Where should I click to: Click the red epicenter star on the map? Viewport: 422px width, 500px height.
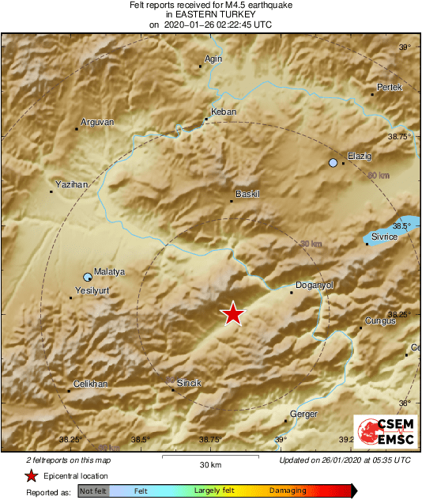[232, 314]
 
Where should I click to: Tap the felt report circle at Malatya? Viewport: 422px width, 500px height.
[88, 277]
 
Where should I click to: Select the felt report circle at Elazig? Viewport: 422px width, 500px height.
[333, 163]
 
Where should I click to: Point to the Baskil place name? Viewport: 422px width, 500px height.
[248, 194]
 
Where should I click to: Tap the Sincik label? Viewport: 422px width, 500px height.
[188, 383]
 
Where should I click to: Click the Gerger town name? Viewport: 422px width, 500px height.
[304, 415]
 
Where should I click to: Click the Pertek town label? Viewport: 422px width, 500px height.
[390, 87]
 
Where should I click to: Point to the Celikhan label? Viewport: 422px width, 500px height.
[90, 384]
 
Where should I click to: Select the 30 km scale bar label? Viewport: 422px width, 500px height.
[210, 464]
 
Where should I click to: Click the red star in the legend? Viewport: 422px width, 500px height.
[31, 476]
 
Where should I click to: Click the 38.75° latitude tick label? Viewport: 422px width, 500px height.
[403, 136]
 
